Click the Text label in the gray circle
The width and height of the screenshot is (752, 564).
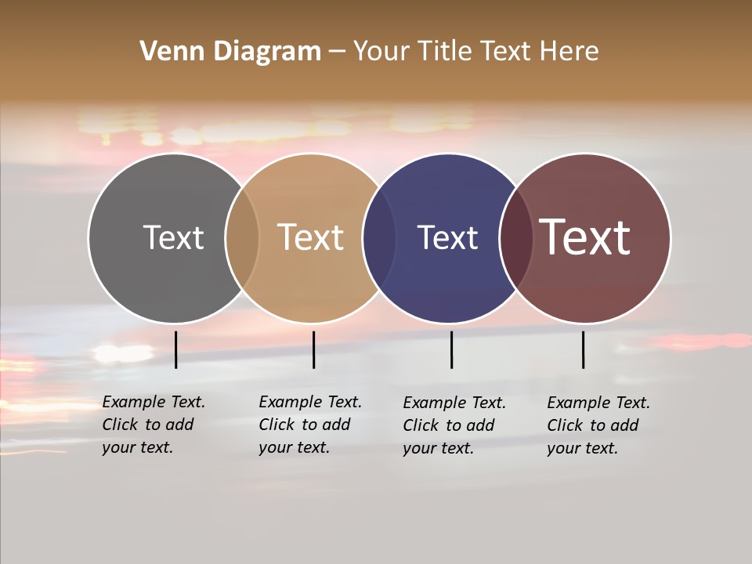tap(173, 237)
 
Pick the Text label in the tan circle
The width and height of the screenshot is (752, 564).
tap(311, 237)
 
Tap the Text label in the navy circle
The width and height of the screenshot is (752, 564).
tap(447, 237)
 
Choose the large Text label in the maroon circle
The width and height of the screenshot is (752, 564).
tap(585, 237)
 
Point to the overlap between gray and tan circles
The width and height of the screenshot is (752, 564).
tap(242, 238)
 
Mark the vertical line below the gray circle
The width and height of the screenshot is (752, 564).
tap(176, 349)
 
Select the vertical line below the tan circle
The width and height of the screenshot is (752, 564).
tap(313, 349)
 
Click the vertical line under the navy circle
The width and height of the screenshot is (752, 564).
tap(451, 349)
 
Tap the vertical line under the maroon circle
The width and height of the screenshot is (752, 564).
tap(584, 349)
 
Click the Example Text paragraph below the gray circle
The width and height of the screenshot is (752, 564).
tap(154, 425)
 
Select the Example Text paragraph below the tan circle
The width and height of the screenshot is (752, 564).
tap(310, 425)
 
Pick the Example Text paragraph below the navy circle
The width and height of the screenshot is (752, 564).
tap(454, 425)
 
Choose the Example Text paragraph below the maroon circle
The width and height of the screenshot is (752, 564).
tap(598, 425)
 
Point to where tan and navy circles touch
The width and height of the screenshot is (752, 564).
tap(379, 238)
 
